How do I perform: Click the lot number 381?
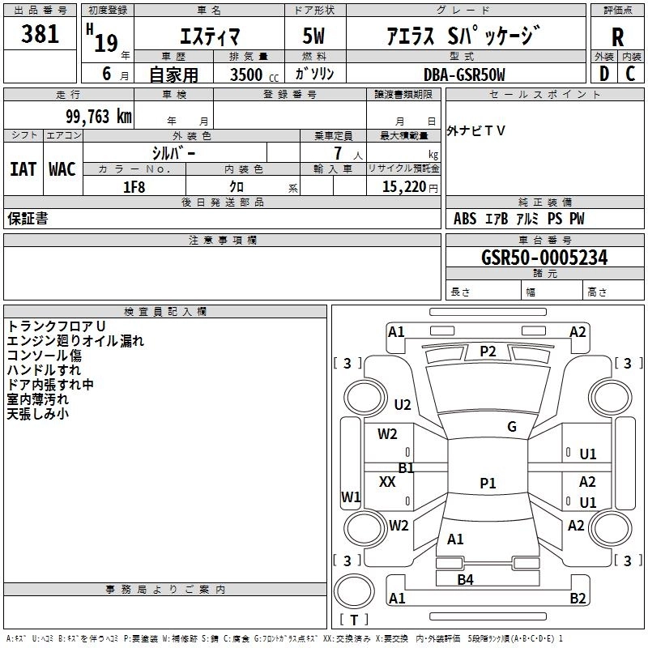point(40,35)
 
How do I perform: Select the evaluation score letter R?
point(617,37)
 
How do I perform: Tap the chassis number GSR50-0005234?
point(544,258)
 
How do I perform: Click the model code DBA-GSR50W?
point(463,75)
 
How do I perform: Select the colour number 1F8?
point(134,187)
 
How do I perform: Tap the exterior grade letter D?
point(603,74)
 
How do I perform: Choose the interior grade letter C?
point(630,74)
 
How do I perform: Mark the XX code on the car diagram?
point(387,481)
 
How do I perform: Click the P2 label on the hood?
point(488,351)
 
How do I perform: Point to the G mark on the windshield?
point(512,427)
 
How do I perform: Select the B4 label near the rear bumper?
point(465,579)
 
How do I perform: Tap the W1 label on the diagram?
point(351,497)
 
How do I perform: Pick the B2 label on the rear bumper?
point(578,599)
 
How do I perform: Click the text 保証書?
point(28,219)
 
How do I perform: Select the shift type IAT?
point(23,169)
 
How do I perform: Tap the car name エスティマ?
point(207,37)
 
